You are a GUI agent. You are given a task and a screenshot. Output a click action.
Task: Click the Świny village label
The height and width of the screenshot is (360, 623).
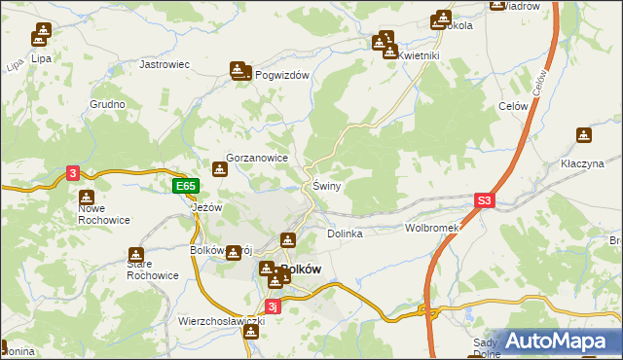(x=325, y=186)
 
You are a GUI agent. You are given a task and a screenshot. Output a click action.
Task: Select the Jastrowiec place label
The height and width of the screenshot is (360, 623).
(x=165, y=64)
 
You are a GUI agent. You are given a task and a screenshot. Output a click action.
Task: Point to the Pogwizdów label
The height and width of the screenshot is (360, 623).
(x=281, y=76)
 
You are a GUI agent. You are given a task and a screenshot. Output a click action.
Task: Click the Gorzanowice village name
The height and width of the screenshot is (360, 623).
(x=256, y=156)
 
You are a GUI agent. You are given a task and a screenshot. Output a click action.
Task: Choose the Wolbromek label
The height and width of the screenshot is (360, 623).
(x=431, y=228)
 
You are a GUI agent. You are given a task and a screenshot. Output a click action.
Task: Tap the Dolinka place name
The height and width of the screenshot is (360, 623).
(x=345, y=234)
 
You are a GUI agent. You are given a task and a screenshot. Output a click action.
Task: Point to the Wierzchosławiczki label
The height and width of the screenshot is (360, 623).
(x=222, y=320)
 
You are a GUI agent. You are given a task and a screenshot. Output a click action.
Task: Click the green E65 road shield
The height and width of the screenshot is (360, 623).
(x=186, y=186)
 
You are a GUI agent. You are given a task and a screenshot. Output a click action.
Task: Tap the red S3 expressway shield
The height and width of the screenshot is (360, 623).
(x=486, y=201)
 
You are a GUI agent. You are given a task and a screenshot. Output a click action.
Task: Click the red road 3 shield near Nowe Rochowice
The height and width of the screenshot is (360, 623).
(x=73, y=173)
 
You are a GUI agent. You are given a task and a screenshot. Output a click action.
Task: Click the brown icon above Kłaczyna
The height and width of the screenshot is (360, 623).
(x=584, y=135)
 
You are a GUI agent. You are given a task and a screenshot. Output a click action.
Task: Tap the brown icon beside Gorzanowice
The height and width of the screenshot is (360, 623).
(x=220, y=168)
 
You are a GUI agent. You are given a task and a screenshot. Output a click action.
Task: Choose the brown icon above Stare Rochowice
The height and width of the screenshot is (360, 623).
(x=134, y=255)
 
